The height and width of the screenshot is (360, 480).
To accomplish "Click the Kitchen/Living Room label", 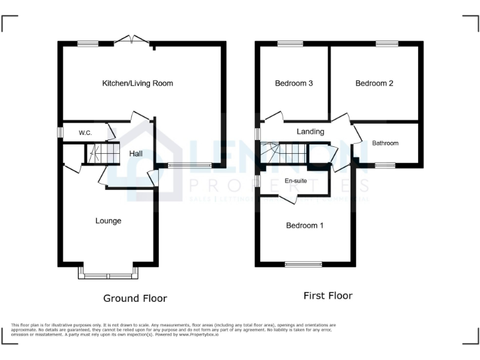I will [x=137, y=83].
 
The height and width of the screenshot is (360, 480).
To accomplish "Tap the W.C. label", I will [x=85, y=133].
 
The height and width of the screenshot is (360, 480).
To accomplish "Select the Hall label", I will [x=136, y=153].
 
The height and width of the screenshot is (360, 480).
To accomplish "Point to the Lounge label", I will [x=108, y=221].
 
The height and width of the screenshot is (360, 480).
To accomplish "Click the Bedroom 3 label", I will [x=294, y=83].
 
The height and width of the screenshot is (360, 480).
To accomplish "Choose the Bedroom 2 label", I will [x=374, y=83].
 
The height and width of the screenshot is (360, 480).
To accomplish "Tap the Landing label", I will [x=310, y=132].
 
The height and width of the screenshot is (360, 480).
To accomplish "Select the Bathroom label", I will [x=385, y=143].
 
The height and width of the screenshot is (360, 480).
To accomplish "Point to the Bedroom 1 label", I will [x=304, y=226].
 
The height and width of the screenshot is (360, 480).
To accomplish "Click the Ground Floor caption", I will [x=135, y=298].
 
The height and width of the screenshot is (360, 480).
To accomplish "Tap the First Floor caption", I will [x=327, y=296].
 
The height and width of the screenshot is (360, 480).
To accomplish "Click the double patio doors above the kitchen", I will [x=132, y=41].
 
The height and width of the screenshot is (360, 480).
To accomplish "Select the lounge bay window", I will [x=107, y=274].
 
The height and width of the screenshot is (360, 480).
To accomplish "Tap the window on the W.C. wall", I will [x=60, y=133].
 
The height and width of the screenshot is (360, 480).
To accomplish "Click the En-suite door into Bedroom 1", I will [x=287, y=199].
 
